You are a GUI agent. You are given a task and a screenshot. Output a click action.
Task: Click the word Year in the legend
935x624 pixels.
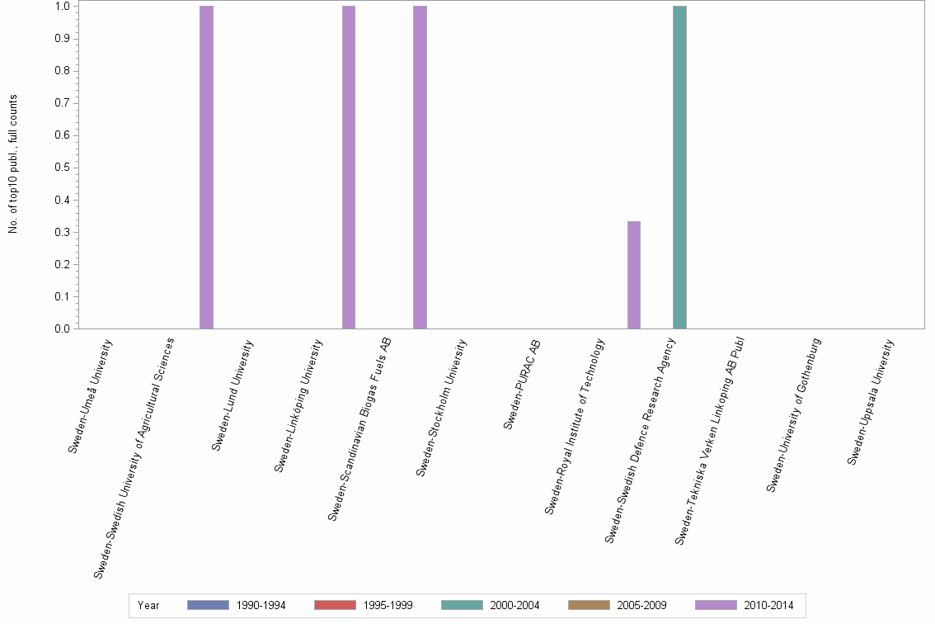tap(148, 605)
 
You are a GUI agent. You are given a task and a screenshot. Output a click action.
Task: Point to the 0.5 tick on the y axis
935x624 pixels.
tap(63, 168)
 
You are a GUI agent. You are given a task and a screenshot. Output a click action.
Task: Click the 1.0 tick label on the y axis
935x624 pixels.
tap(63, 7)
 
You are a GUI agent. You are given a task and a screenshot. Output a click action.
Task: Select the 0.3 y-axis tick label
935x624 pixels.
tap(63, 232)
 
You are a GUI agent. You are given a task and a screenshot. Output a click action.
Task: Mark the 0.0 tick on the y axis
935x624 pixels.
tap(63, 329)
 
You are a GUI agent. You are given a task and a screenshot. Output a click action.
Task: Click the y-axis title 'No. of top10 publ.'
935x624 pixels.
tap(13, 164)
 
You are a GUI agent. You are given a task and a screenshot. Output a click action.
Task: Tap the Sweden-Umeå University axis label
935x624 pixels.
tap(90, 396)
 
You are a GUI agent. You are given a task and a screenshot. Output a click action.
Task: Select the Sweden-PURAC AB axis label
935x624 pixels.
tap(521, 385)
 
